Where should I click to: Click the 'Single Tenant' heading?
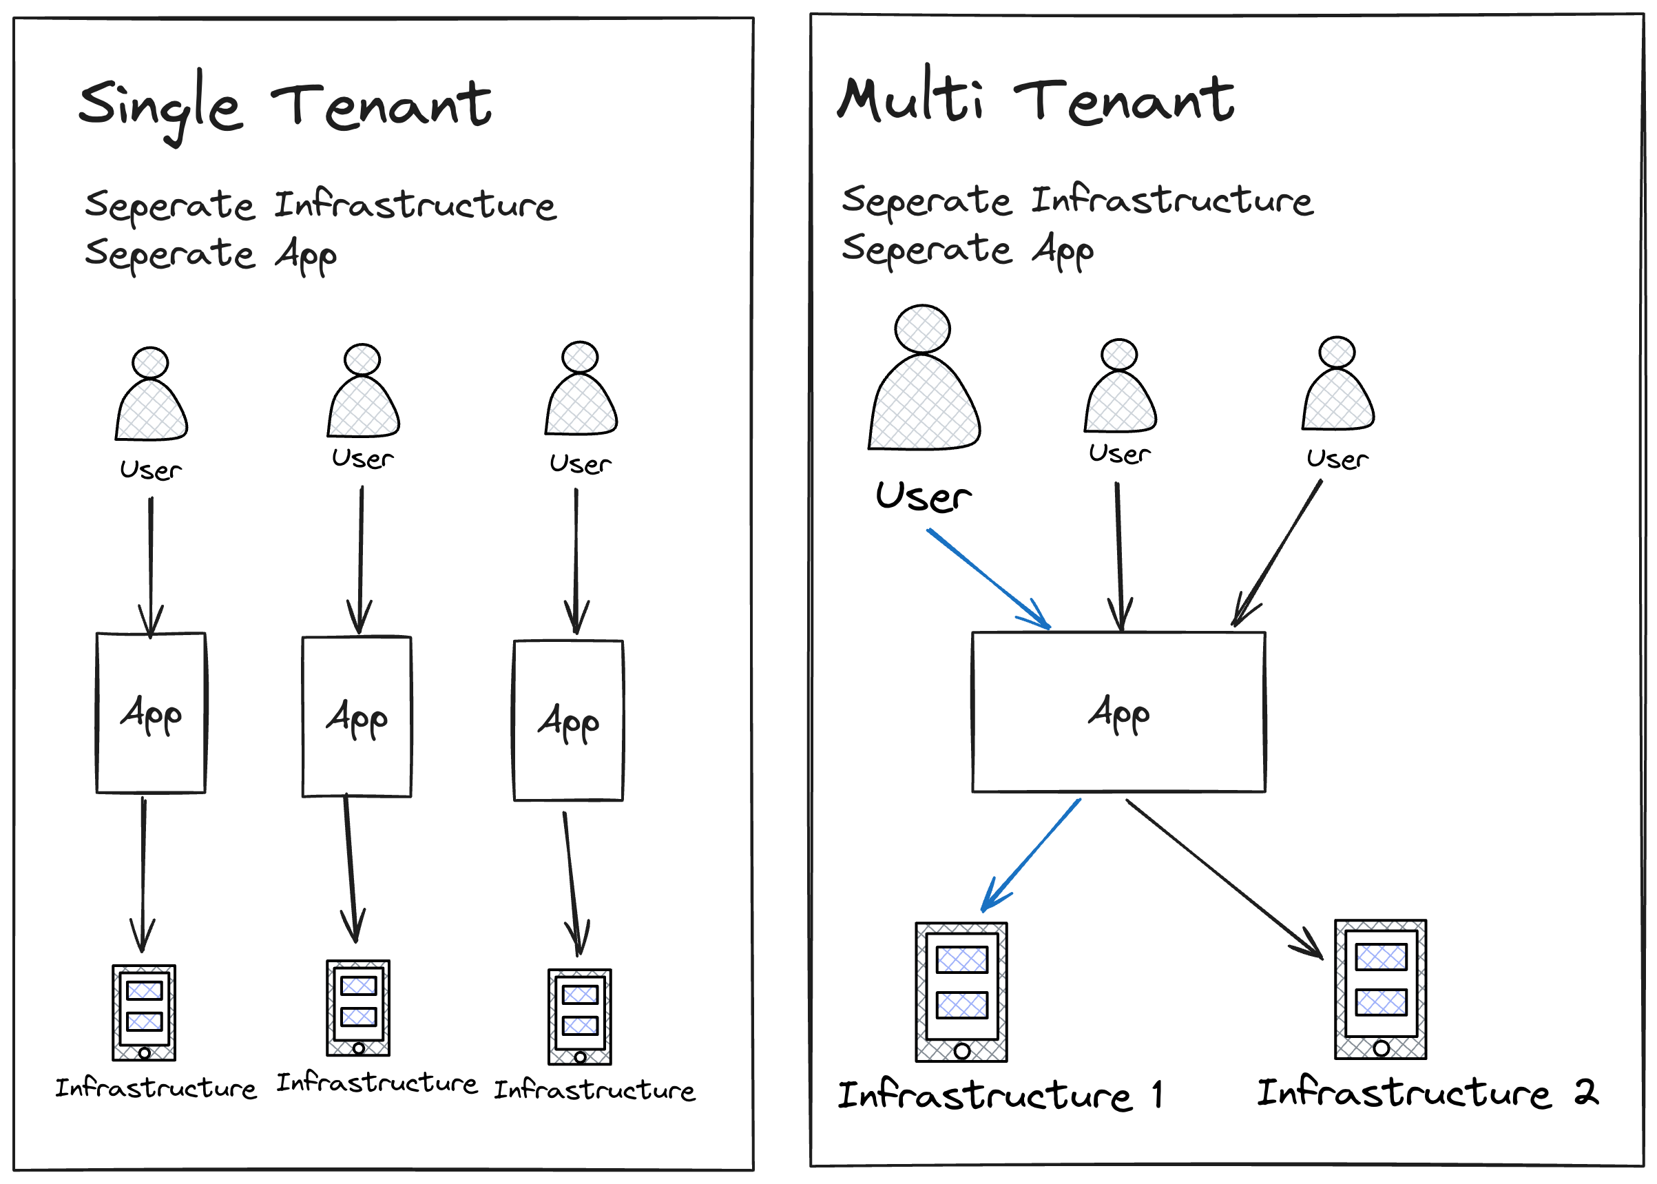pos(284,105)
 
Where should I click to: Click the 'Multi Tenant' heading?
pos(1035,101)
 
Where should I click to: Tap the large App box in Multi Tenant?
pos(1118,712)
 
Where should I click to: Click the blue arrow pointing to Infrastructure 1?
pos(1032,855)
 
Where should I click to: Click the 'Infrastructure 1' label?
pos(999,1095)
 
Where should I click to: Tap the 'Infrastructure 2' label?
pos(1427,1093)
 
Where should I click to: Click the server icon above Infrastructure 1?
pos(961,992)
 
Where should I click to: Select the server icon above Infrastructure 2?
pos(1380,988)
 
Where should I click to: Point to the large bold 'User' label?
pos(923,497)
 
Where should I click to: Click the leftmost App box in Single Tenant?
pos(151,712)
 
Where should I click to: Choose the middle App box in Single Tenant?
pos(357,717)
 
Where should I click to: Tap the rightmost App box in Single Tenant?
pos(568,720)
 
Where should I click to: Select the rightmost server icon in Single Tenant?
pos(580,1017)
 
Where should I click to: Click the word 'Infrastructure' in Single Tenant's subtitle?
pos(415,204)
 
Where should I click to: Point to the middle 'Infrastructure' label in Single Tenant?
pos(376,1083)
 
